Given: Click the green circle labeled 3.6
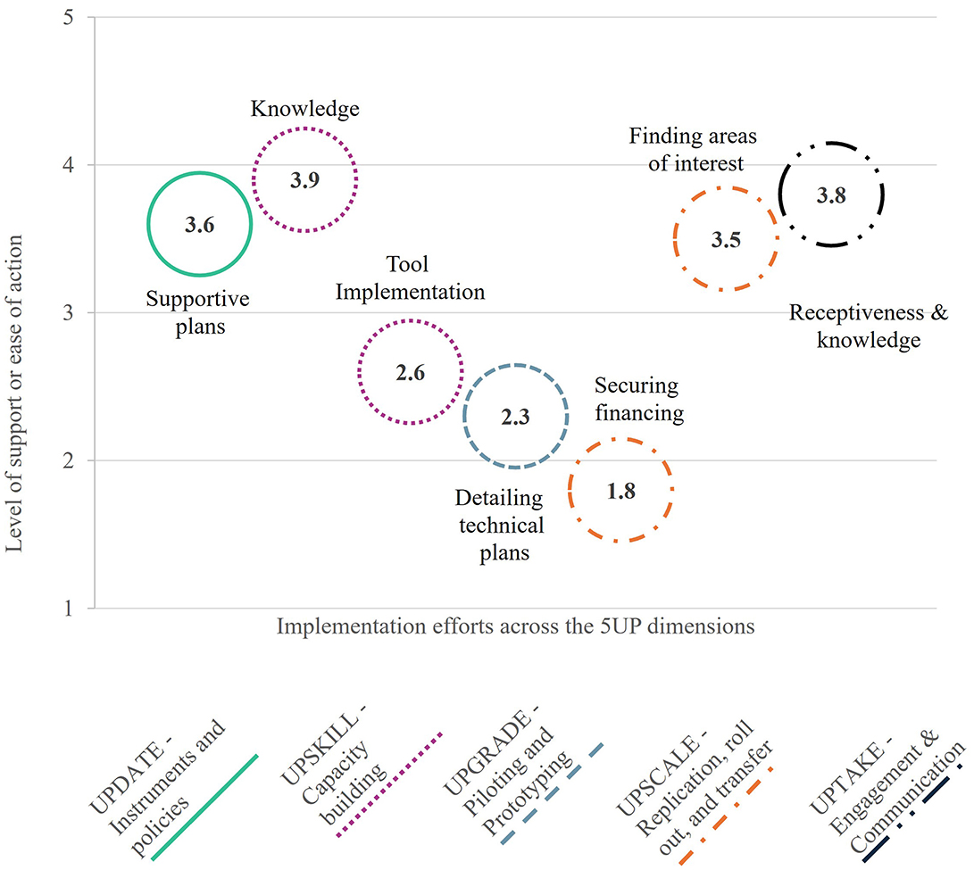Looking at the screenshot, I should coord(200,225).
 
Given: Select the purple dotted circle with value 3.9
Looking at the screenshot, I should coord(304,179).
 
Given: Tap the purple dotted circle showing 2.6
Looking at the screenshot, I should coord(410,372).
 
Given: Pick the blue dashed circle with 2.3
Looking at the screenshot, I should coord(515,416).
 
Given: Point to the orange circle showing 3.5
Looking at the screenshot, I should coord(726,239).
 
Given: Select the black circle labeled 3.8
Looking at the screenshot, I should coord(830,195).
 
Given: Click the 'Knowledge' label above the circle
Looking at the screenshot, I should coord(304,109).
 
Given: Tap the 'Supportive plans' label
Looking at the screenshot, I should coord(198,311).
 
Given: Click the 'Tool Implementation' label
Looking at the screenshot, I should coord(410,278).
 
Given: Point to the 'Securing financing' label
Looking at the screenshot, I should coord(638,400).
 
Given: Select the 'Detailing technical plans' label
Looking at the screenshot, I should coord(500,525).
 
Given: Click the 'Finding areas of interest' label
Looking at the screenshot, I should coord(693,150).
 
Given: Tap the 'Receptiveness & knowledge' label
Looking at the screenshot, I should coord(869,327).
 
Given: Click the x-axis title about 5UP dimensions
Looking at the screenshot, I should coord(515,626).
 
